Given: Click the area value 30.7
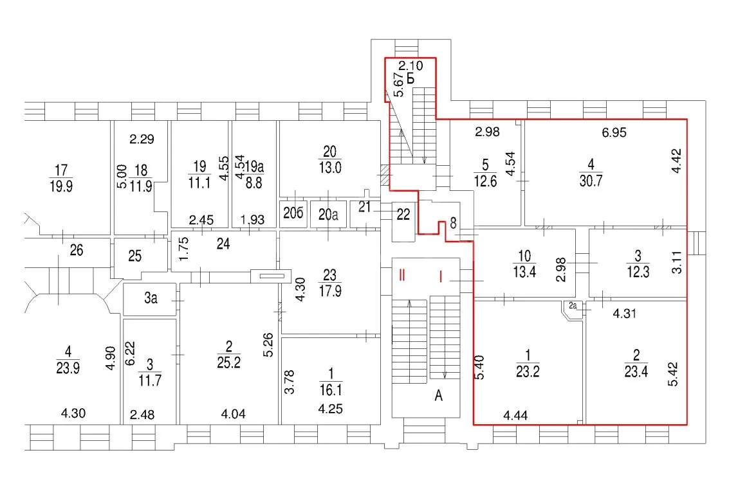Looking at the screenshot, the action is [x=591, y=181].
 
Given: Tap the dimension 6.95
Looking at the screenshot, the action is [x=614, y=132].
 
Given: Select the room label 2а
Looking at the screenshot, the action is [x=573, y=306].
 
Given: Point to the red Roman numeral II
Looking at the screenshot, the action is [x=401, y=275].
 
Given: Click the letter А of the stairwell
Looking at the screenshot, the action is [x=439, y=396].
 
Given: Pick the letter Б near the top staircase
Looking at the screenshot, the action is [x=411, y=78].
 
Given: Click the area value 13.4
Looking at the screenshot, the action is [x=524, y=272].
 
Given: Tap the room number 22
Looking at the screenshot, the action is [x=403, y=215].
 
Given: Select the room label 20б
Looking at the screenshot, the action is [x=293, y=213].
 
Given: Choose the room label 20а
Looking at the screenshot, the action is [x=328, y=215].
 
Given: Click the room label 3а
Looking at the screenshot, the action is [x=151, y=298].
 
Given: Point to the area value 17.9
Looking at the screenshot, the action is [x=330, y=291].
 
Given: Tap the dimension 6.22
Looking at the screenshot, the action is [x=130, y=353].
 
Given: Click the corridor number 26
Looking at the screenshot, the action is [x=77, y=250].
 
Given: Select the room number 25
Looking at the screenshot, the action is [x=134, y=256].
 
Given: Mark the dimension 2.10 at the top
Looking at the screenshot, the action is [x=411, y=66].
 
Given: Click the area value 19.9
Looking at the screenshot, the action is [x=61, y=186].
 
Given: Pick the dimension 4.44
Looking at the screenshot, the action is [x=515, y=415].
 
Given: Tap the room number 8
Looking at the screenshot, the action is [x=453, y=224].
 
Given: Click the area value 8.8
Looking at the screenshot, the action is [x=254, y=183].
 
